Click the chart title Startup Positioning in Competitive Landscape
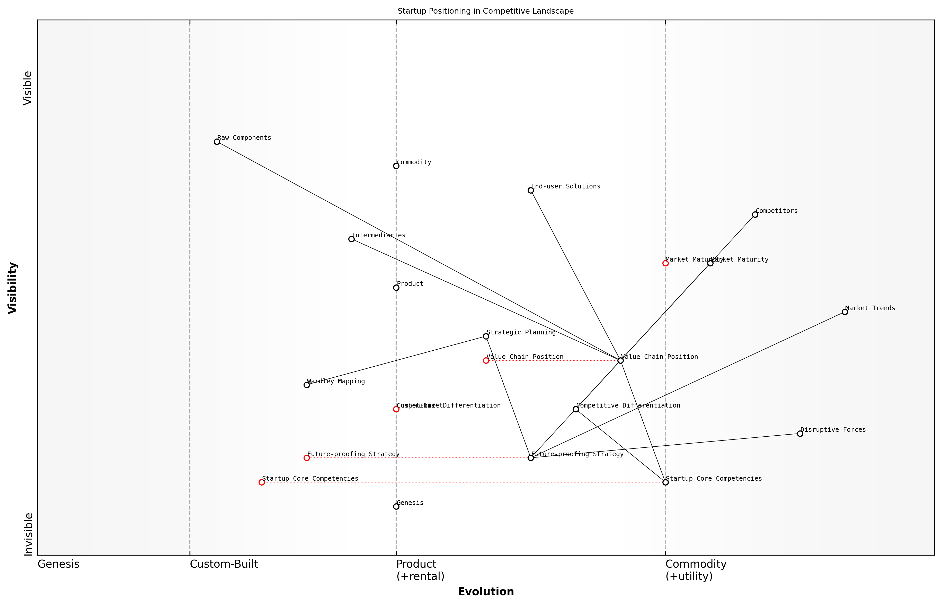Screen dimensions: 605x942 [x=485, y=11]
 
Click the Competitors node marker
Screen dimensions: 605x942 [x=755, y=214]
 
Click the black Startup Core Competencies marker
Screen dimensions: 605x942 [x=665, y=482]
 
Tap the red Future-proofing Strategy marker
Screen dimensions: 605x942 [x=307, y=458]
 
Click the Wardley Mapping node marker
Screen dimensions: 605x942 [x=307, y=385]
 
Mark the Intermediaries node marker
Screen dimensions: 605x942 [x=351, y=239]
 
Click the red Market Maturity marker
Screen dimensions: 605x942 [x=665, y=263]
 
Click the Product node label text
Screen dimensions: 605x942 [x=410, y=284]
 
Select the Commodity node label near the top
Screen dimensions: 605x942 [x=414, y=162]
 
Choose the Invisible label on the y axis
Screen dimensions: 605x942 [x=28, y=534]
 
